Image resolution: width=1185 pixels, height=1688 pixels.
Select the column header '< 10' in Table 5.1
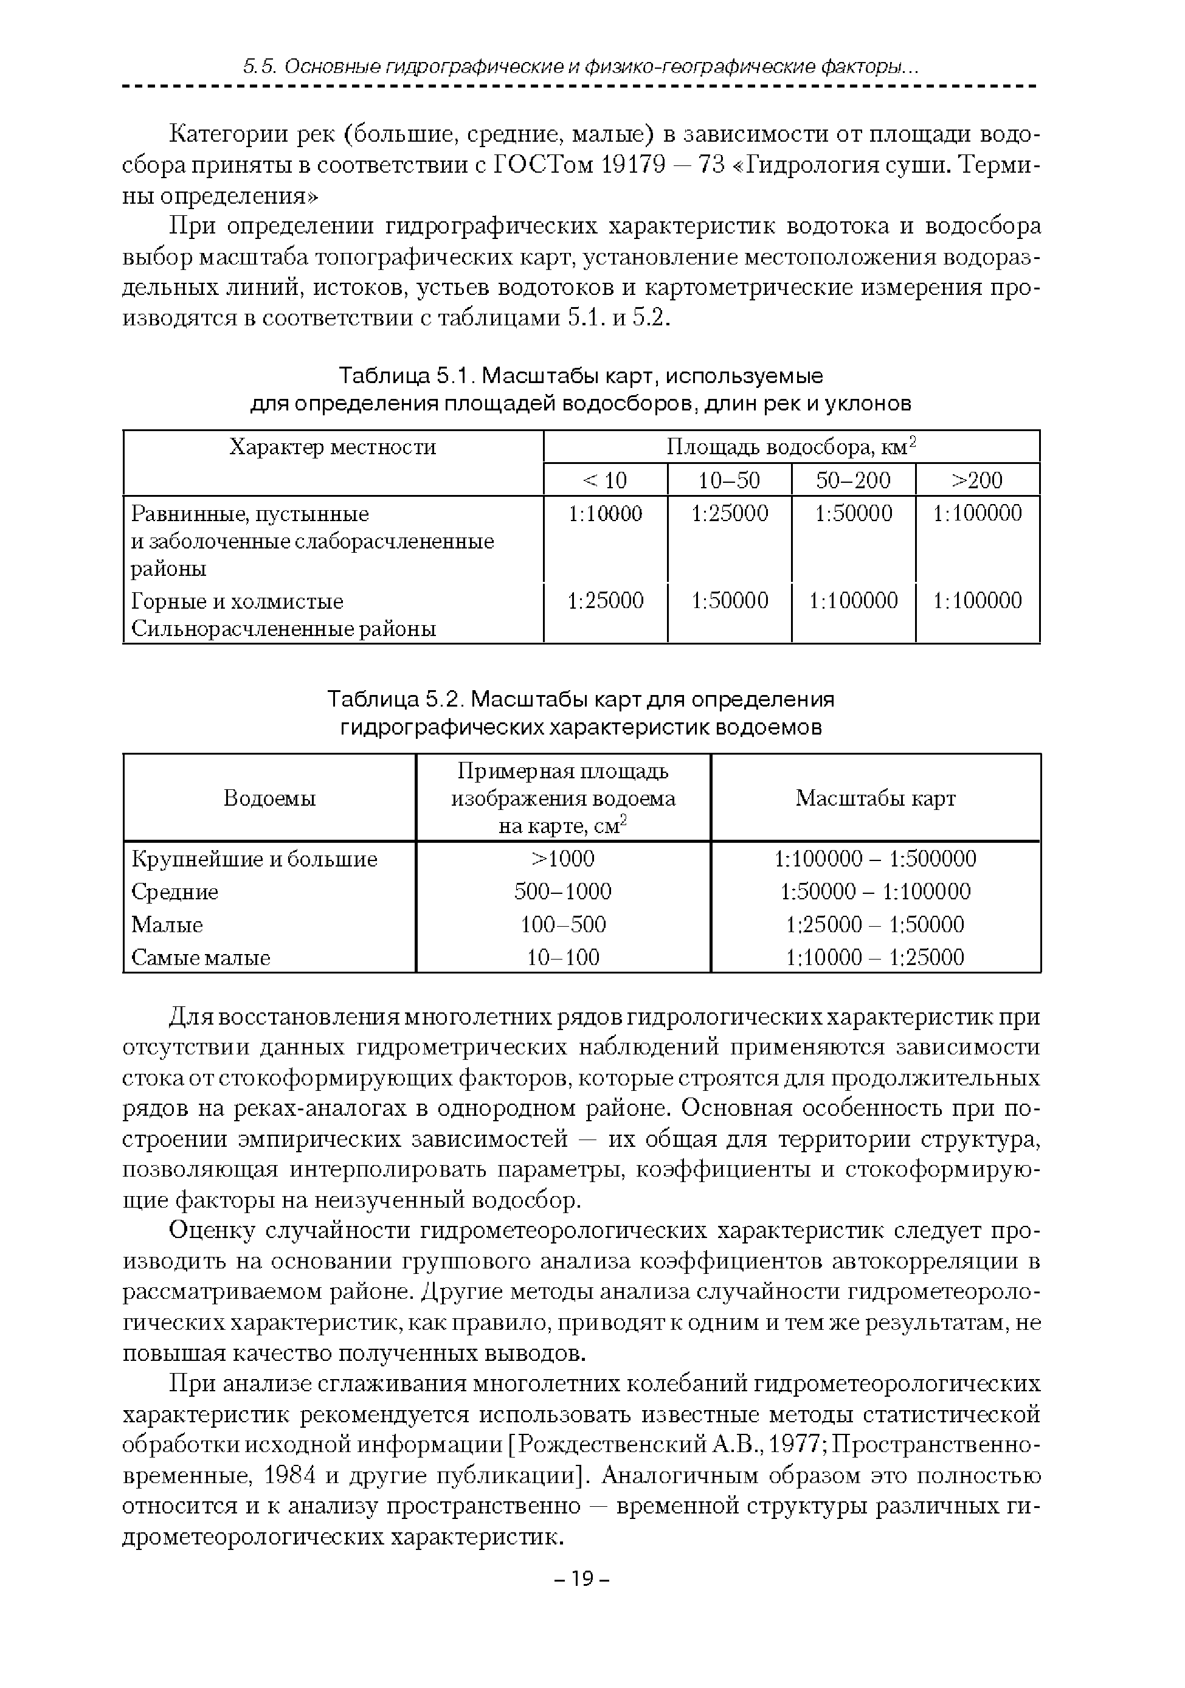click(605, 480)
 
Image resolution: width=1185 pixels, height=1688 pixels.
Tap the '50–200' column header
click(853, 480)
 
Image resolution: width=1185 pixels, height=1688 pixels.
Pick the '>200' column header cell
click(977, 480)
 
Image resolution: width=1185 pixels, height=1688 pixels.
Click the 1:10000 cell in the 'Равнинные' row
click(605, 513)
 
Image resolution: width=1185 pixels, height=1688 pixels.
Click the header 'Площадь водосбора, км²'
click(791, 447)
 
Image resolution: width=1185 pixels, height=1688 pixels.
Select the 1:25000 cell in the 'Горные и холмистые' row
click(605, 601)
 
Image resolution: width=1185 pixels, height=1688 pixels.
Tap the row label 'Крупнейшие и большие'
click(254, 859)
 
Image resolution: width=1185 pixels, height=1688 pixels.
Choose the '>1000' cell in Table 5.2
click(563, 859)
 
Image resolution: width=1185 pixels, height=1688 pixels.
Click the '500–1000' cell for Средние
click(563, 892)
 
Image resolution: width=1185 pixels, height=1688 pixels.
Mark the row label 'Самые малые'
click(201, 957)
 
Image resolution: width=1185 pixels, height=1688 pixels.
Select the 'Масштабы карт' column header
click(876, 798)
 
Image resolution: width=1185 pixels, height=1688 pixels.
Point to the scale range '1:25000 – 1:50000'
click(875, 924)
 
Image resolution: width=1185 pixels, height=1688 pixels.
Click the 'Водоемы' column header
click(269, 798)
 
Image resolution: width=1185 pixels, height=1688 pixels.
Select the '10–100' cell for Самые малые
click(563, 957)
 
